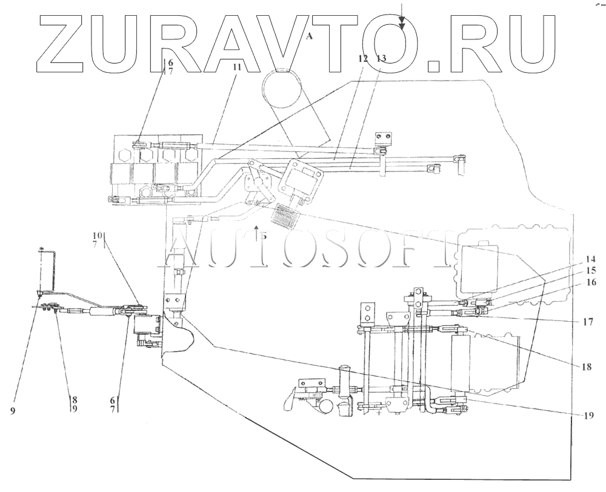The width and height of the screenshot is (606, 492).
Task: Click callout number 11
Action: point(236,68)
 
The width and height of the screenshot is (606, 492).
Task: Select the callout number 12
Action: point(363,59)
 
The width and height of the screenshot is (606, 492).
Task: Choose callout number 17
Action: point(587,322)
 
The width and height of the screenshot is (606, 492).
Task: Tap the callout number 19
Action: point(587,416)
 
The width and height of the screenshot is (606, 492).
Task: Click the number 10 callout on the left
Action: point(98,235)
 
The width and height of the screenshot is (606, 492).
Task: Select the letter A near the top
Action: point(309,37)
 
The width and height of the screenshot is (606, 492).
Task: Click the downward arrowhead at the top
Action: point(402,25)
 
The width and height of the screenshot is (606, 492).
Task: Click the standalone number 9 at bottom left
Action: point(12,411)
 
